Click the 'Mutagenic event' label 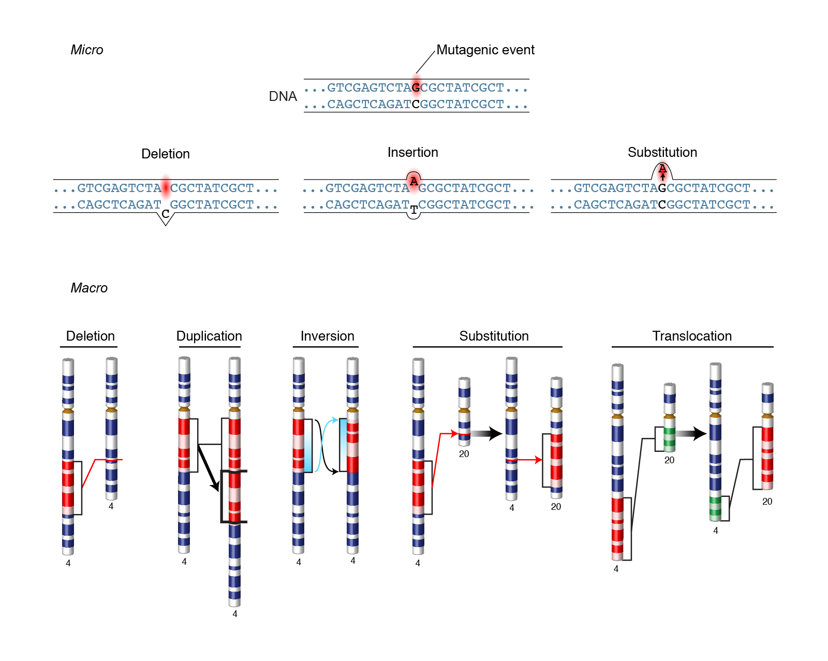pos(485,50)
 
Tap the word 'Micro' pos(87,50)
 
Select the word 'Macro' pos(89,288)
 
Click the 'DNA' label pos(283,97)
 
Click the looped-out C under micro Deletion pos(166,214)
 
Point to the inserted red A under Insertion pos(413,181)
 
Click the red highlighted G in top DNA pos(416,87)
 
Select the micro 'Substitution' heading pos(662,153)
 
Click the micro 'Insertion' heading pos(412,153)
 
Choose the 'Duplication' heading pos(209,336)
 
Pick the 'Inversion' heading pos(327,336)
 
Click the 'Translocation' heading pos(692,336)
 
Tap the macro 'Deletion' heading pos(91,336)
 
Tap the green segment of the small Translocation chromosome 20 pos(670,437)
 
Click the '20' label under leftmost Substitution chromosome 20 pos(464,454)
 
